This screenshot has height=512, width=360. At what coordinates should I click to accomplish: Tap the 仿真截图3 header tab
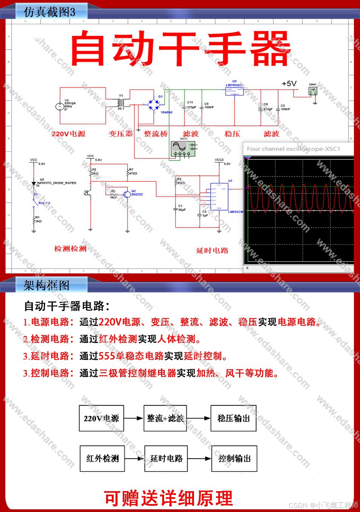tap(49, 12)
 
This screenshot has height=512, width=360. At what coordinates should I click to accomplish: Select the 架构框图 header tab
tap(47, 285)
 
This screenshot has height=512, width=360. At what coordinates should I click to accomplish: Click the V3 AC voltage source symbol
tap(59, 106)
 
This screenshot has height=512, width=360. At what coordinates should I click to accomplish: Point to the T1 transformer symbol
tap(121, 103)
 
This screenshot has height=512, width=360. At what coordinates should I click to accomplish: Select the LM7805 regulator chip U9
tap(235, 90)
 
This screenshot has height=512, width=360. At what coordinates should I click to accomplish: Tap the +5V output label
tap(289, 84)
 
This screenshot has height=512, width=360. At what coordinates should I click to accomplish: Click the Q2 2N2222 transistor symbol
tap(127, 194)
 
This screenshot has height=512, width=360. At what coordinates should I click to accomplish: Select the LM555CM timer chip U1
tap(219, 196)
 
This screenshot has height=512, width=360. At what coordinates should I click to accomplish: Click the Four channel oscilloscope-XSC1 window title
tap(293, 149)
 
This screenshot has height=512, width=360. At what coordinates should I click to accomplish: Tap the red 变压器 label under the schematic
tap(121, 134)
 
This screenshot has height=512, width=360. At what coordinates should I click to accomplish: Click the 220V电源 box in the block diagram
tap(101, 418)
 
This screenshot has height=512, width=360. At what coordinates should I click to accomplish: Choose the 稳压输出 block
tap(233, 418)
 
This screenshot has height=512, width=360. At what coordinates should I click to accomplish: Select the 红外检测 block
tap(102, 459)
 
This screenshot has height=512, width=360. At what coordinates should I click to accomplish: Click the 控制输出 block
tap(234, 459)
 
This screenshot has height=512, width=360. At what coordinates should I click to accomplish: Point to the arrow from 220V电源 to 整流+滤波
tap(133, 418)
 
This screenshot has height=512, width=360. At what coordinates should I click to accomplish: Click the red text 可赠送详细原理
tap(168, 498)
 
